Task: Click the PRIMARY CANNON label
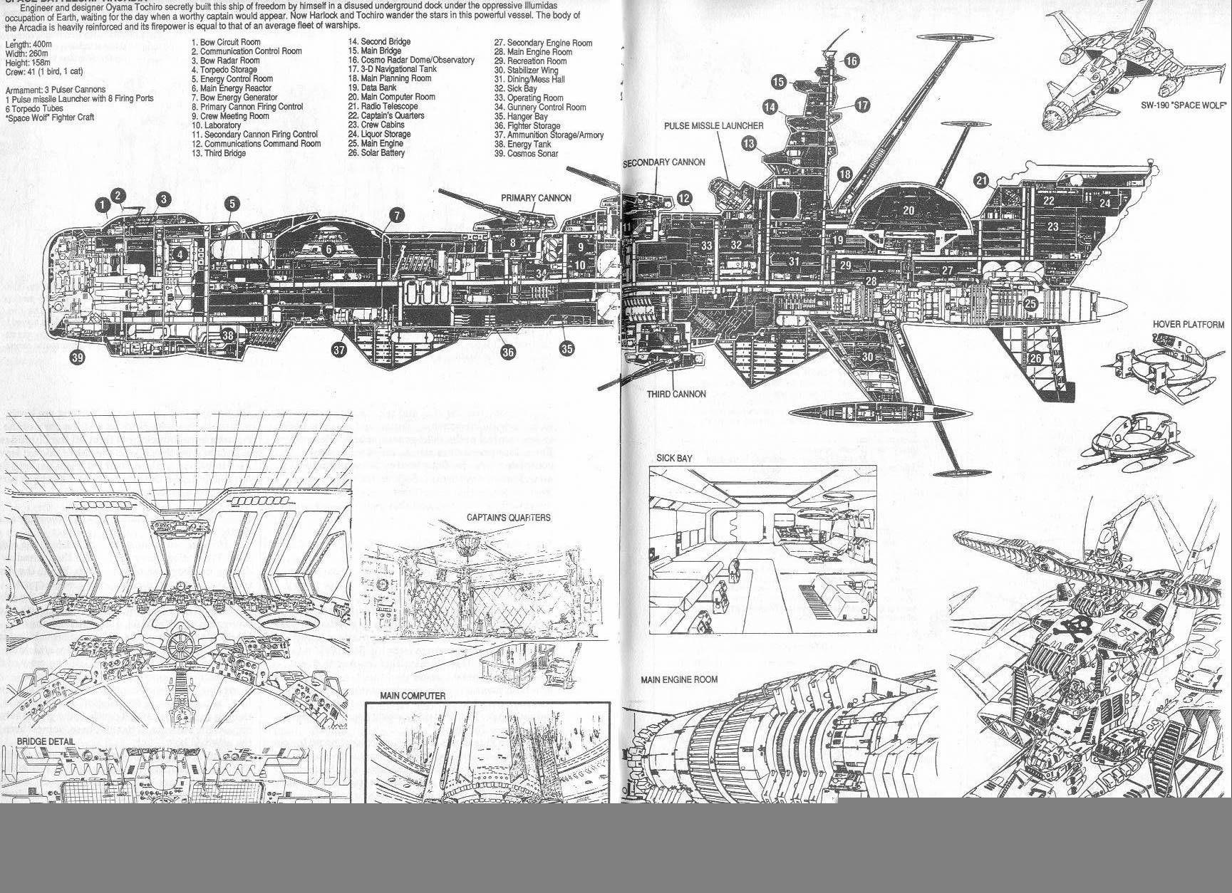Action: coord(536,198)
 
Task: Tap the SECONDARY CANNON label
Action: coord(663,162)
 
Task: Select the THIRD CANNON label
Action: coord(676,394)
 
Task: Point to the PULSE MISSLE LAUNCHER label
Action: coord(713,126)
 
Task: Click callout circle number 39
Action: coord(77,357)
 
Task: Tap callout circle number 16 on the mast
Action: coord(852,61)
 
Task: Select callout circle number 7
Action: coord(396,215)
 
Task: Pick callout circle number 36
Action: coord(507,352)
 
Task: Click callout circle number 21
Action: coord(982,181)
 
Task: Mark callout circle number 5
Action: coord(232,204)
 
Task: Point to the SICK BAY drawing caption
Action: coord(674,459)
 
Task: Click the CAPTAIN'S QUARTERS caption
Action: coord(508,518)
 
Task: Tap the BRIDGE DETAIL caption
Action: coord(46,741)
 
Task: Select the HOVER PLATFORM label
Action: coord(1188,325)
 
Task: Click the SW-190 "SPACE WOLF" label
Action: coord(1183,105)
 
